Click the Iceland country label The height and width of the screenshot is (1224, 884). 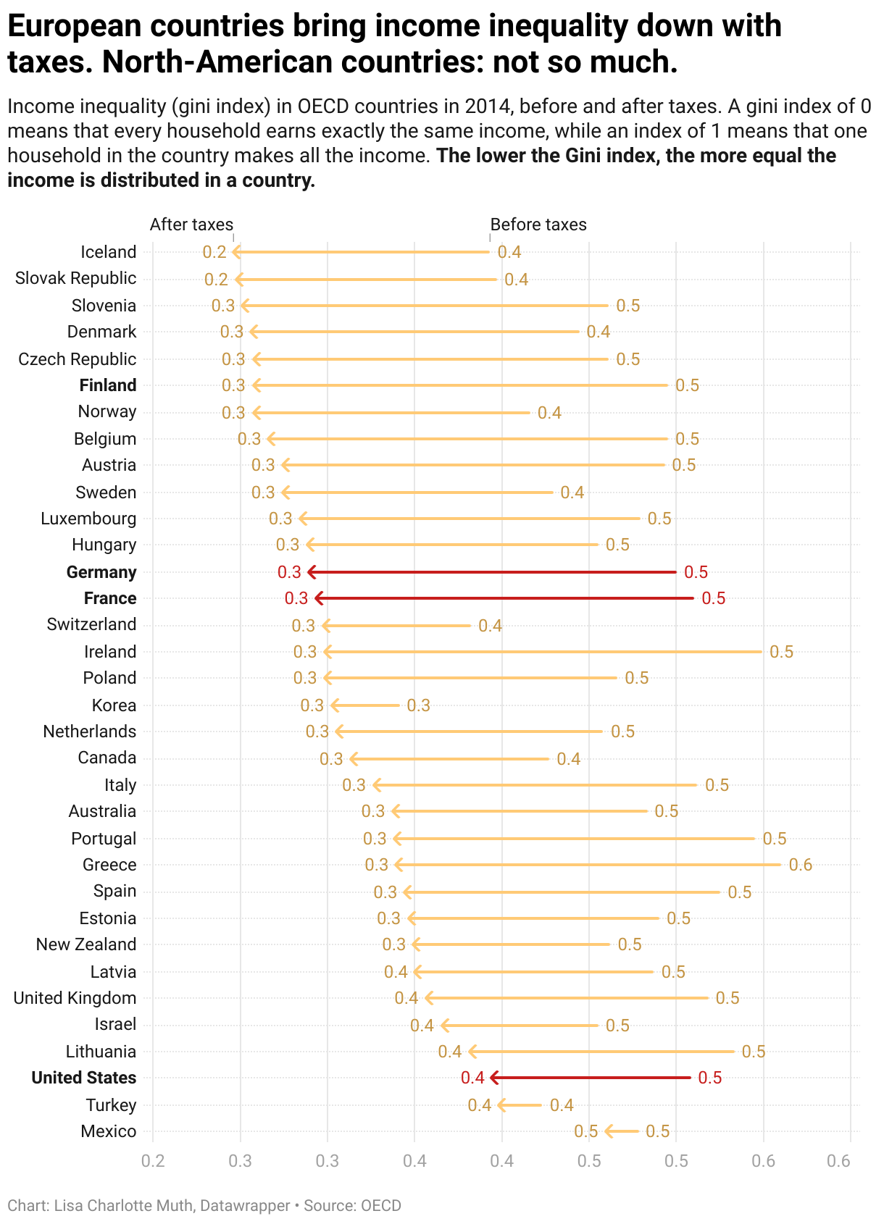pyautogui.click(x=108, y=252)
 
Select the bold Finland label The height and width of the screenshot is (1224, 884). pyautogui.click(x=108, y=385)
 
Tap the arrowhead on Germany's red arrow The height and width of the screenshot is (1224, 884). pyautogui.click(x=312, y=572)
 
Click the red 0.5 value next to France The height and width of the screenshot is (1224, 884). pyautogui.click(x=713, y=598)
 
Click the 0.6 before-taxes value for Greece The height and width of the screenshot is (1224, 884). pyautogui.click(x=800, y=865)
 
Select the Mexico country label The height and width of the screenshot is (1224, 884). pyautogui.click(x=108, y=1131)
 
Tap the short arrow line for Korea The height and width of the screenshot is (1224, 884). pyautogui.click(x=366, y=705)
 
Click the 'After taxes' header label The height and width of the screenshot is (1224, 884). pyautogui.click(x=191, y=225)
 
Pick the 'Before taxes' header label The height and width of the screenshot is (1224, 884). pyautogui.click(x=538, y=225)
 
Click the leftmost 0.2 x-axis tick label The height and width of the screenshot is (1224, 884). pyautogui.click(x=153, y=1162)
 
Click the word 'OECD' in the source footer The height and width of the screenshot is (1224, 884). pyautogui.click(x=380, y=1206)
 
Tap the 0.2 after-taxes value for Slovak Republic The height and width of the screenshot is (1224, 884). pyautogui.click(x=216, y=280)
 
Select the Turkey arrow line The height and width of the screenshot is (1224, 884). pyautogui.click(x=520, y=1105)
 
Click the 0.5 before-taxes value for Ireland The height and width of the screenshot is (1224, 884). pyautogui.click(x=781, y=652)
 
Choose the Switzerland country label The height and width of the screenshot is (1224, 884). pyautogui.click(x=91, y=624)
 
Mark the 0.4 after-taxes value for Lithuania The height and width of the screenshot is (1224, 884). pyautogui.click(x=450, y=1052)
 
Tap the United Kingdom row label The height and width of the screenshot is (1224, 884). pyautogui.click(x=75, y=998)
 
